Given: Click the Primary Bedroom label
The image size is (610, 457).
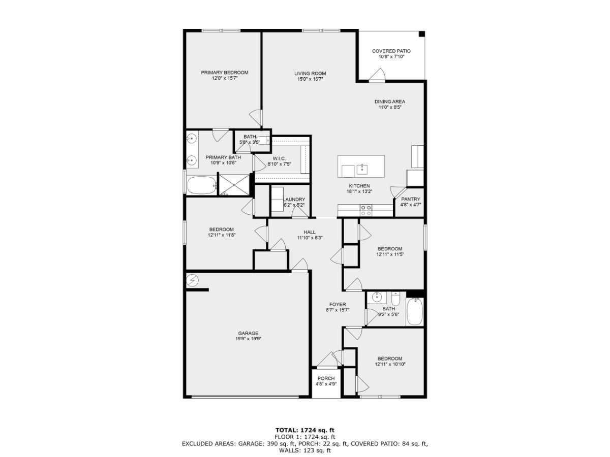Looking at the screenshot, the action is [225, 73].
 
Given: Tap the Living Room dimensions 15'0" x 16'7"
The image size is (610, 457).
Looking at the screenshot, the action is [310, 79].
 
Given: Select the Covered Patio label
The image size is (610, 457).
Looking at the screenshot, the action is [391, 51].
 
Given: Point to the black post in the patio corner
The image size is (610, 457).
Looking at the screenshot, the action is [422, 34].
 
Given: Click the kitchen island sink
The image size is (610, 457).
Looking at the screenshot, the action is [362, 169].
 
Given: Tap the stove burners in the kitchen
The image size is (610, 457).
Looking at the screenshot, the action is [365, 210].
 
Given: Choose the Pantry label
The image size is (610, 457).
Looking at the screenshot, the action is [410, 199].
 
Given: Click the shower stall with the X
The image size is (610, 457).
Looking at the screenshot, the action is [234, 185].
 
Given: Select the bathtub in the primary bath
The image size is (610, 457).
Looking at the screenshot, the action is [201, 185].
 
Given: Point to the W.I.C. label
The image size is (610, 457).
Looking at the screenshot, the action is [279, 158].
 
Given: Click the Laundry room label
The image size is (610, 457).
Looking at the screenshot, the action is [294, 200].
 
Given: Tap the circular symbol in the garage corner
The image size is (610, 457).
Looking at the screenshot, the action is [192, 280].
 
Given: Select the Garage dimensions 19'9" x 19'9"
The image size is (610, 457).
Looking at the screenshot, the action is [248, 339].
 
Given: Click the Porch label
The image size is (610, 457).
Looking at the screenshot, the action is [326, 378].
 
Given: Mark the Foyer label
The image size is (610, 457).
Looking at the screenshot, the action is [338, 304].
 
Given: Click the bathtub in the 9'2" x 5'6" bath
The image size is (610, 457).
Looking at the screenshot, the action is [415, 311].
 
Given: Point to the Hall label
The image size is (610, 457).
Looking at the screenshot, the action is [310, 232].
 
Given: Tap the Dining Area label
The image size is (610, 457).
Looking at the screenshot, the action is [389, 102].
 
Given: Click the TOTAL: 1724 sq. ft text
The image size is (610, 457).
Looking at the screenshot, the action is [305, 431].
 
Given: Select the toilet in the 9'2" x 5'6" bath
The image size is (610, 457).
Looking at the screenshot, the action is [395, 299].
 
